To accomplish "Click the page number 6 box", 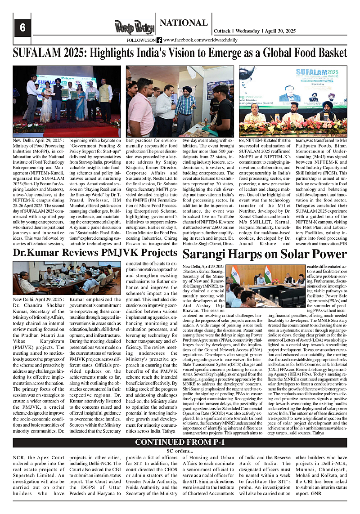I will coord(22,27).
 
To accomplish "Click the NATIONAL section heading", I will coord(184,23).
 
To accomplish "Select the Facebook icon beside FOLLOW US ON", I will coord(159,40).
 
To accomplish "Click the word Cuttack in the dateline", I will coord(222,31).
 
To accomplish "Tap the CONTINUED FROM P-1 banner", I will coord(180,442).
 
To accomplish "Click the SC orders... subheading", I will coord(180,451).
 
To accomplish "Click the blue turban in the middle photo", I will coord(187,89).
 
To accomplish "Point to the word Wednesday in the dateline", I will coord(247,31).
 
